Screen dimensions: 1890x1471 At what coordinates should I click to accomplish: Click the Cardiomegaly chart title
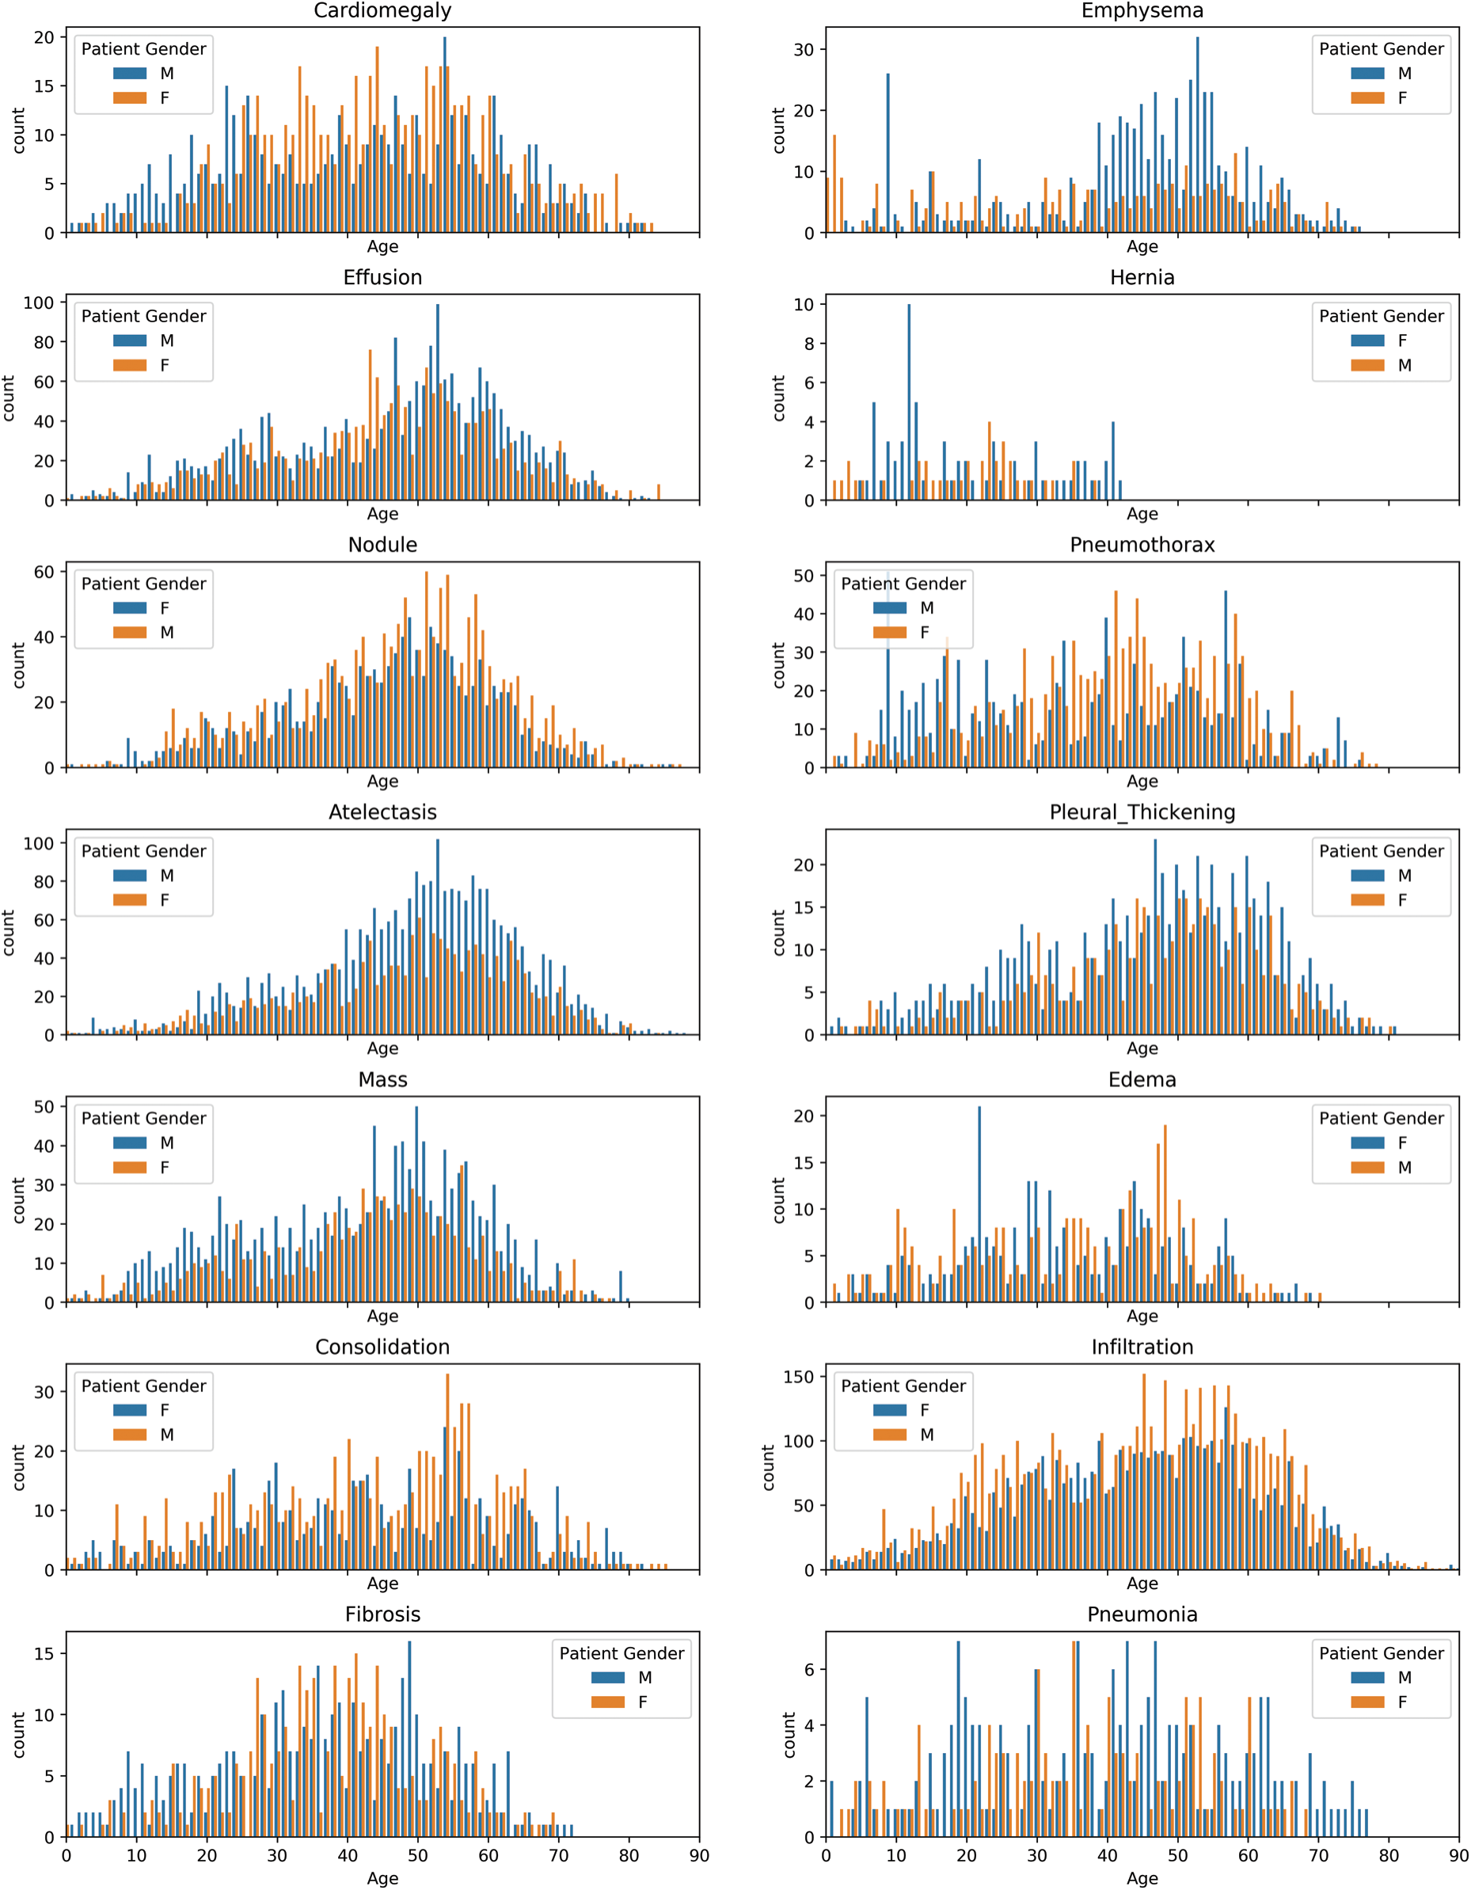click(x=382, y=10)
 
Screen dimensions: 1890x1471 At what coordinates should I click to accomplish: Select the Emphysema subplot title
click(x=1142, y=10)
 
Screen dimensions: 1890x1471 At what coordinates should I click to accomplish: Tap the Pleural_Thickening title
click(x=1142, y=812)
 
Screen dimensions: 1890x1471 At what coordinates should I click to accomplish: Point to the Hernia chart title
click(x=1142, y=278)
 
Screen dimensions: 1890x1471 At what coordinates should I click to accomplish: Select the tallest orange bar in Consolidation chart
click(x=447, y=1471)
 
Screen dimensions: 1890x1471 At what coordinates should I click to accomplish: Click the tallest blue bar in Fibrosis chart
click(x=409, y=1740)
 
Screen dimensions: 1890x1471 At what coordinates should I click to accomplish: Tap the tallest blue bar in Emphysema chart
click(x=1198, y=134)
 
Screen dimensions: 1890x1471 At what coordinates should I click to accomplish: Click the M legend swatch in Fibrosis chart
click(x=607, y=1677)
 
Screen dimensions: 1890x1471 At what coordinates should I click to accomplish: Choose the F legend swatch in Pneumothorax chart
click(x=890, y=633)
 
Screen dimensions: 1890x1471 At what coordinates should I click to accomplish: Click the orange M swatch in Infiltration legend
click(x=890, y=1434)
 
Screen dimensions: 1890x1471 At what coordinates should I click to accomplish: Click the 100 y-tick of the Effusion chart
click(x=38, y=303)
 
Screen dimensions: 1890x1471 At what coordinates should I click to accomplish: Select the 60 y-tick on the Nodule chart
click(x=44, y=572)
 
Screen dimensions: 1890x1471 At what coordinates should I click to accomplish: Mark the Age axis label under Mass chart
click(x=382, y=1316)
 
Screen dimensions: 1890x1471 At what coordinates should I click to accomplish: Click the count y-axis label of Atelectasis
click(x=10, y=932)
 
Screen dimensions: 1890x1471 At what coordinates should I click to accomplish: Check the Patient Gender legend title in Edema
click(x=1381, y=1118)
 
